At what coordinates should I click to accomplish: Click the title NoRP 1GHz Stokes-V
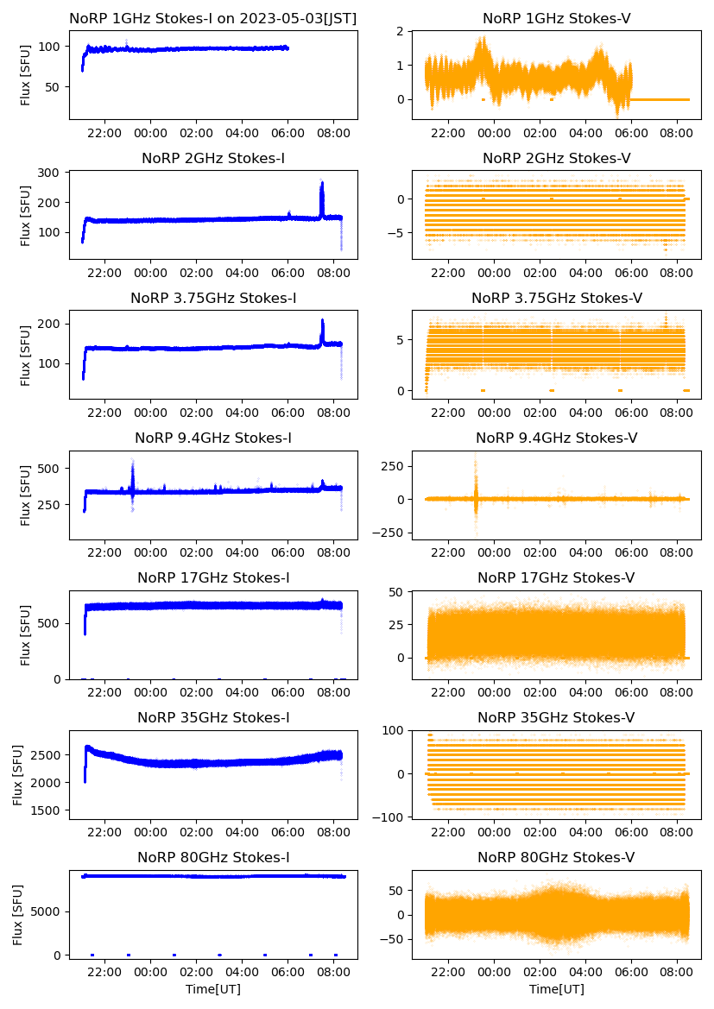pyautogui.click(x=556, y=18)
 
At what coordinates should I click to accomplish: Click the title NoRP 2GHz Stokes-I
pyautogui.click(x=213, y=158)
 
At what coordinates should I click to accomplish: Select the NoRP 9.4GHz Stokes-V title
pyautogui.click(x=556, y=438)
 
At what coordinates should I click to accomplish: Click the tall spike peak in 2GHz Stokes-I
pyautogui.click(x=322, y=183)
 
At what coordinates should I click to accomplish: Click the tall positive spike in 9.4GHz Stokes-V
pyautogui.click(x=476, y=455)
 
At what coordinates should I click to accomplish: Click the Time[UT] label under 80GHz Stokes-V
pyautogui.click(x=556, y=989)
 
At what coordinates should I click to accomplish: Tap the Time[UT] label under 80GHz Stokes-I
pyautogui.click(x=213, y=989)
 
